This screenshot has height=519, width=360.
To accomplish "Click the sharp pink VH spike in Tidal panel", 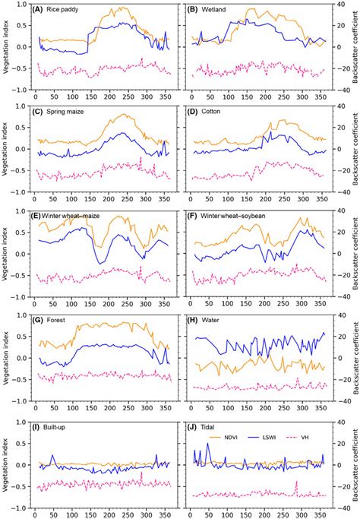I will pos(296,483).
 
